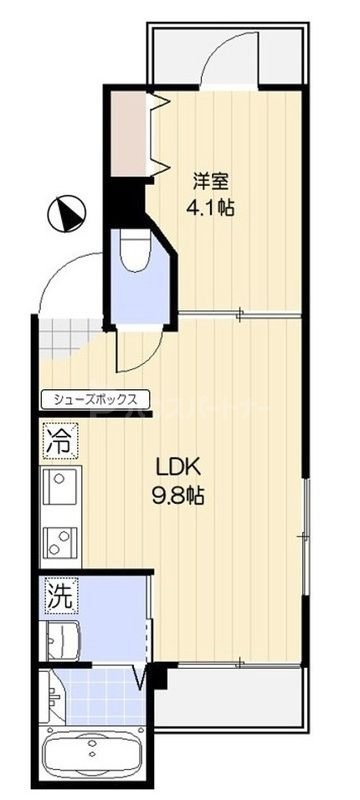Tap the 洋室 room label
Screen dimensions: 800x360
coord(210,182)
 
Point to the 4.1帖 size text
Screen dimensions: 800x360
coord(211,211)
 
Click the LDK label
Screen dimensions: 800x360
coord(178,467)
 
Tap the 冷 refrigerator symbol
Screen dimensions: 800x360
coord(57,438)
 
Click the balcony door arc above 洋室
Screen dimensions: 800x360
coord(225,60)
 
